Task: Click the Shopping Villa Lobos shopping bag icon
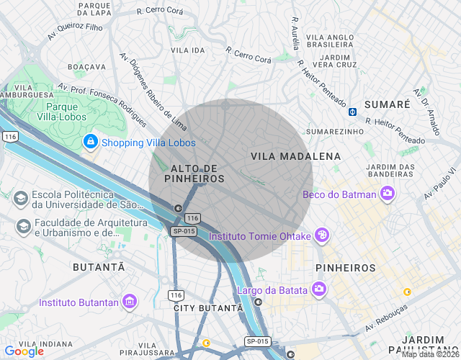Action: pyautogui.click(x=90, y=142)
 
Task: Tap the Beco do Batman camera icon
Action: pyautogui.click(x=388, y=193)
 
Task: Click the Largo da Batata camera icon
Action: pyautogui.click(x=318, y=289)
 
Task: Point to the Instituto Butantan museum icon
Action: pyautogui.click(x=130, y=301)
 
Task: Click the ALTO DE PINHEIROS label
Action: pyautogui.click(x=194, y=173)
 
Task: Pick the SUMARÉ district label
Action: pyautogui.click(x=387, y=104)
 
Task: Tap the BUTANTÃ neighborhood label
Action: pyautogui.click(x=99, y=267)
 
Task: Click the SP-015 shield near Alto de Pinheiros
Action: pyautogui.click(x=184, y=231)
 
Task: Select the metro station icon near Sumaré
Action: pyautogui.click(x=352, y=111)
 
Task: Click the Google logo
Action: pyautogui.click(x=24, y=351)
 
